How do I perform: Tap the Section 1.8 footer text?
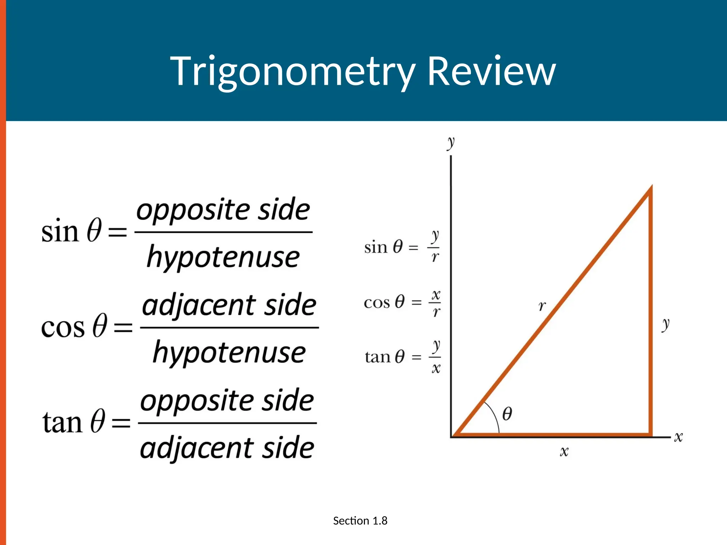pyautogui.click(x=360, y=521)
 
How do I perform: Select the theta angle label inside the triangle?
pyautogui.click(x=507, y=414)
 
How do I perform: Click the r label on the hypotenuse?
pyautogui.click(x=542, y=305)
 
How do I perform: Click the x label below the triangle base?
pyautogui.click(x=564, y=451)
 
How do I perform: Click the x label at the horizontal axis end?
pyautogui.click(x=678, y=437)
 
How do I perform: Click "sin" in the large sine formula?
pyautogui.click(x=60, y=232)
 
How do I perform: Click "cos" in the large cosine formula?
pyautogui.click(x=63, y=327)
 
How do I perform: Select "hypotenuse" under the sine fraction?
pyautogui.click(x=223, y=257)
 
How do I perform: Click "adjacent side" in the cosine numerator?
pyautogui.click(x=229, y=305)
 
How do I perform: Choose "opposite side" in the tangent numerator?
pyautogui.click(x=227, y=400)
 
